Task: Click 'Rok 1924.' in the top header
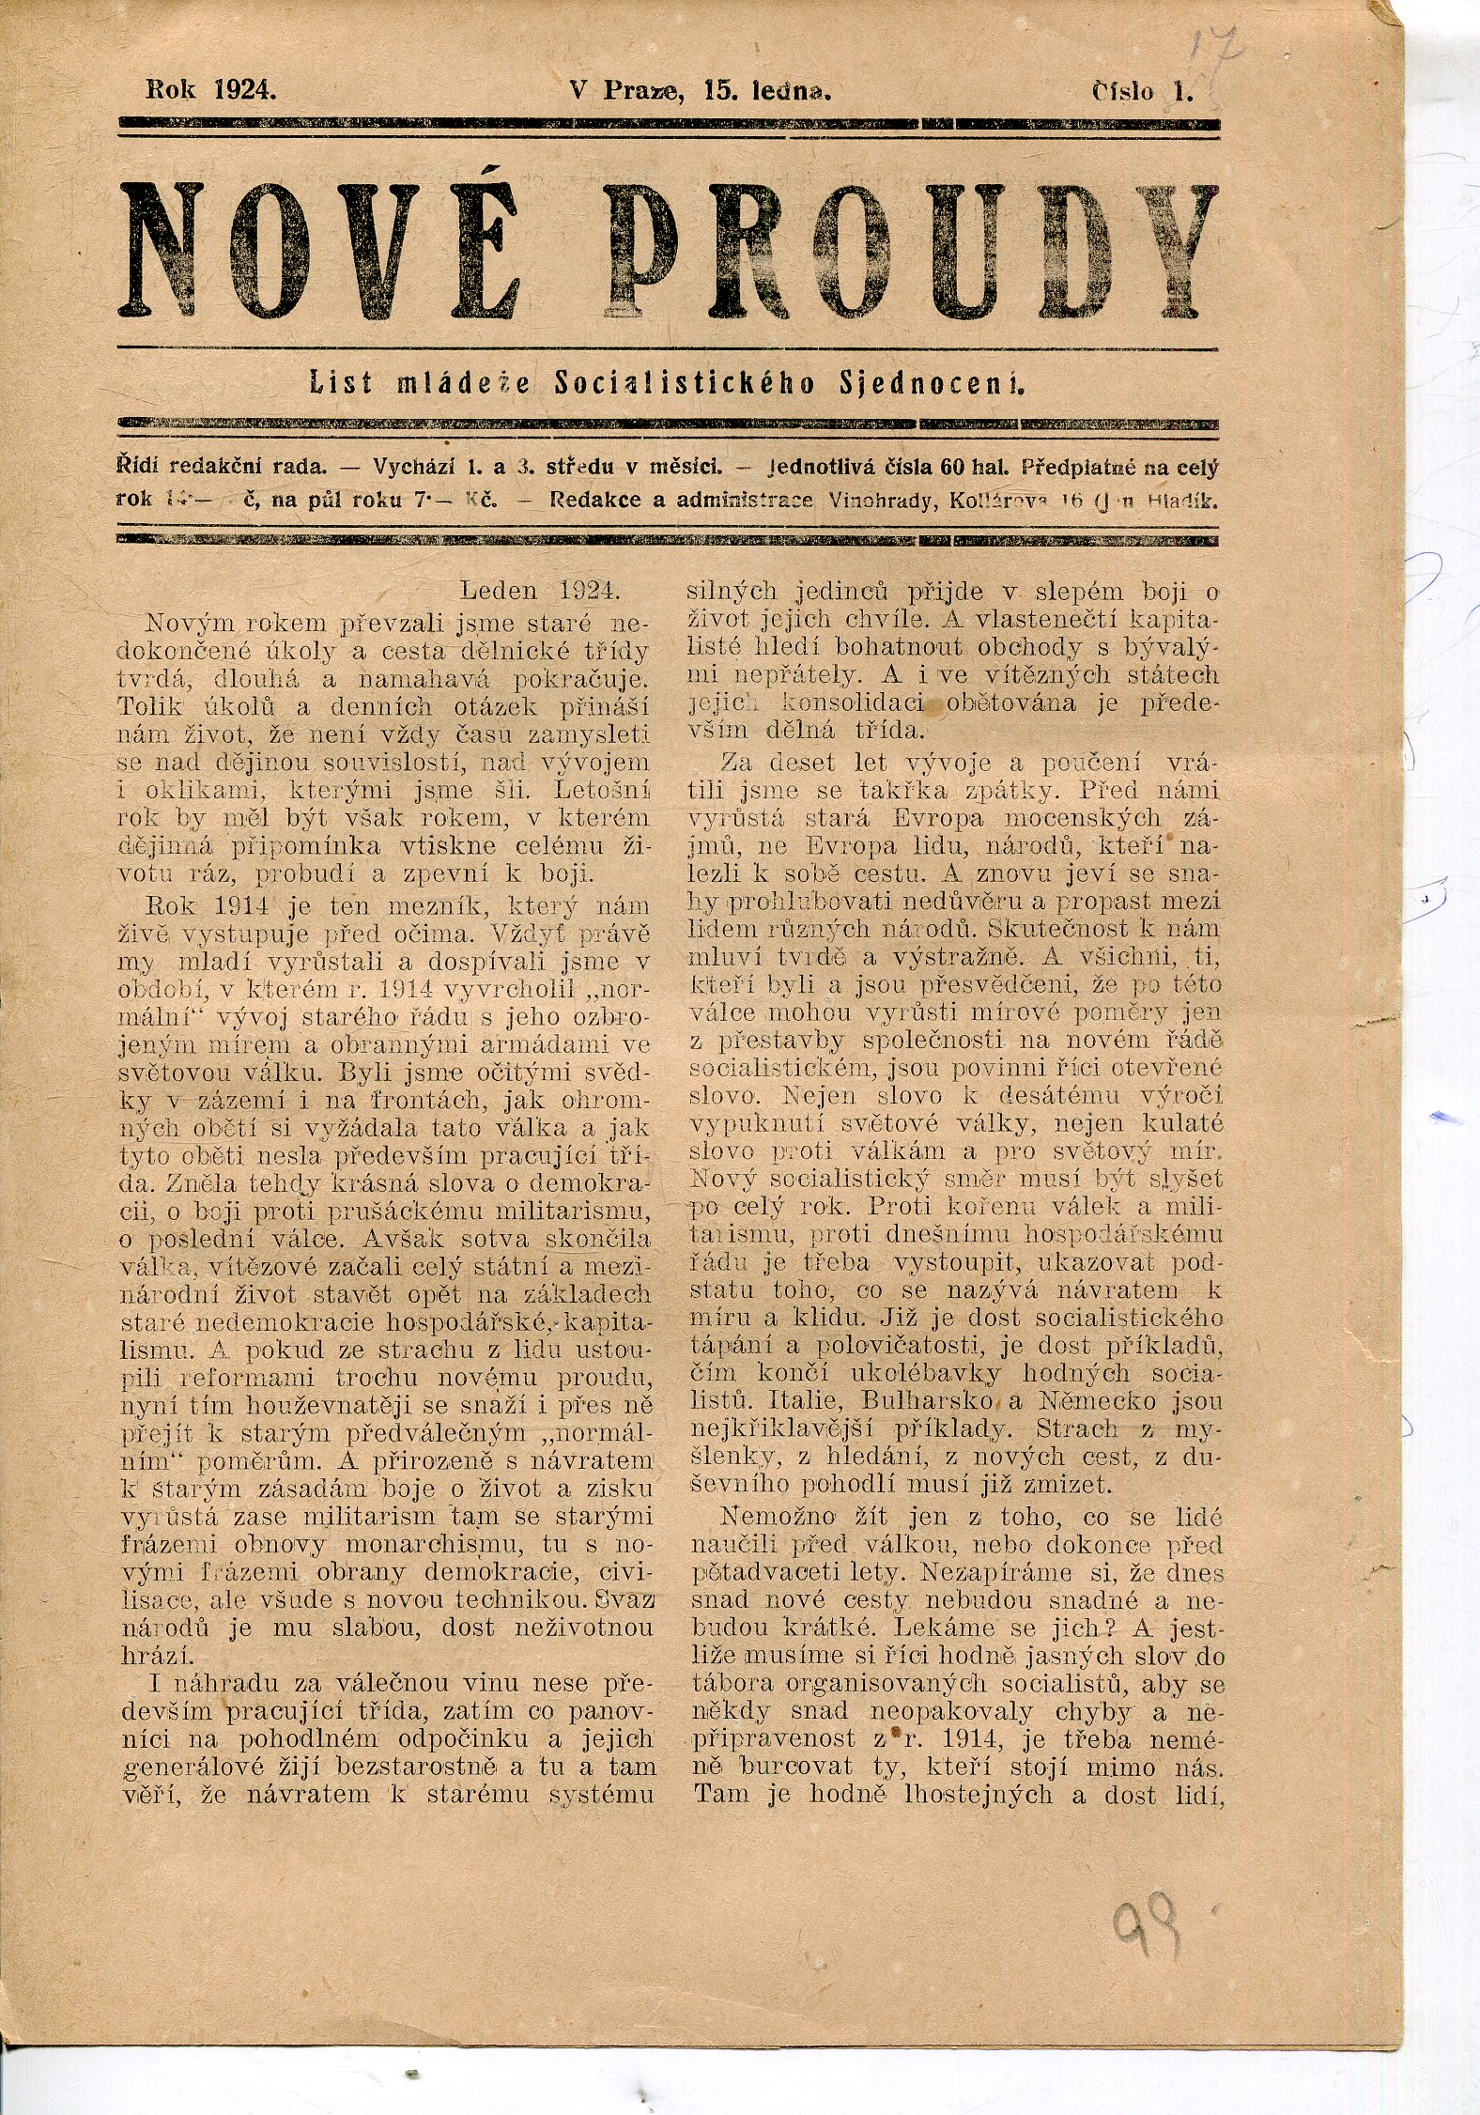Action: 210,90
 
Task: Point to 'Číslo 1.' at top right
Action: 1141,91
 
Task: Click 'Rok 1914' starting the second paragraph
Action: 204,906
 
